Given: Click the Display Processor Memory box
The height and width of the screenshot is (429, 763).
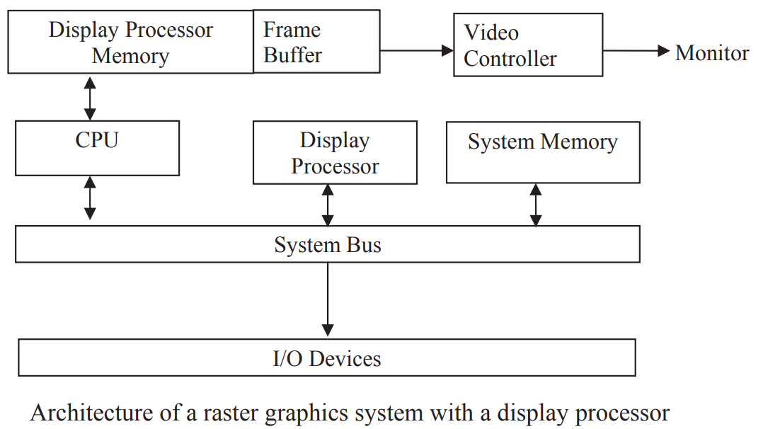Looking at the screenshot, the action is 130,42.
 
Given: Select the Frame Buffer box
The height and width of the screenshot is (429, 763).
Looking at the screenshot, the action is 316,42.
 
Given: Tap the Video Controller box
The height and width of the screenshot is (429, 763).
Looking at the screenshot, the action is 528,45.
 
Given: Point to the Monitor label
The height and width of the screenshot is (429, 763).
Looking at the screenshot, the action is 712,52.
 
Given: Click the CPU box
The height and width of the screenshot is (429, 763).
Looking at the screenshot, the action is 98,148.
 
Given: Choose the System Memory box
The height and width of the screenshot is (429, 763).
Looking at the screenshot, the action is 543,152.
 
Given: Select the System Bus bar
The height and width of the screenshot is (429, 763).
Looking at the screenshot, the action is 328,244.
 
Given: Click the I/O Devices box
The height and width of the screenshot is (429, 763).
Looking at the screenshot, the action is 327,357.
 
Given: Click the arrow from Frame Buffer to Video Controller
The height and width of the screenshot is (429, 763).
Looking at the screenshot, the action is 416,50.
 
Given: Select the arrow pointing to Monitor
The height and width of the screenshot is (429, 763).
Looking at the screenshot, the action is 636,50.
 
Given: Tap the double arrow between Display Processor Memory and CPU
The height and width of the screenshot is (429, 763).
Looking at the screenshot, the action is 90,98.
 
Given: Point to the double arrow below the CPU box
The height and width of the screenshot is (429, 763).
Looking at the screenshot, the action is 90,198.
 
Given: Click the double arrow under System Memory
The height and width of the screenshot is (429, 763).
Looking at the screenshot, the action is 536,205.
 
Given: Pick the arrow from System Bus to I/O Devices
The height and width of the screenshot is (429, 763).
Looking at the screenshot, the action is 328,299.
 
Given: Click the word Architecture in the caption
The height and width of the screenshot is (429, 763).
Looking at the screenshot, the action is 91,413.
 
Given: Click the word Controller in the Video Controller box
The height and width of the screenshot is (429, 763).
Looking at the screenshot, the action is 510,59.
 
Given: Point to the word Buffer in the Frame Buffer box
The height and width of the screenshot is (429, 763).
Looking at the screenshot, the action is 292,55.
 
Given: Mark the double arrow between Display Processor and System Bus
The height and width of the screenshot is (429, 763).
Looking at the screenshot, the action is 328,205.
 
